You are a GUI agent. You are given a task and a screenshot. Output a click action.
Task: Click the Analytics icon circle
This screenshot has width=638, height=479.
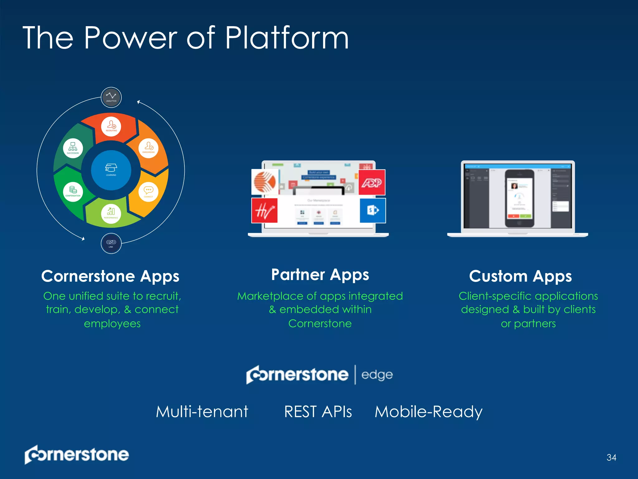[111, 97]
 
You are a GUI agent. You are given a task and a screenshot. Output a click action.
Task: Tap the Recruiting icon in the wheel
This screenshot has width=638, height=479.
[111, 126]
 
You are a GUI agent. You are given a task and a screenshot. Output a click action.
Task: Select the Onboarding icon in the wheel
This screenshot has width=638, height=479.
[148, 148]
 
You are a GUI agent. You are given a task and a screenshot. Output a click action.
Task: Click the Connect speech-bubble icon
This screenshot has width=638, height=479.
[148, 191]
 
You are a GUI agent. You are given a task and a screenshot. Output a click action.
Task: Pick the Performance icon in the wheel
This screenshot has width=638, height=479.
[111, 213]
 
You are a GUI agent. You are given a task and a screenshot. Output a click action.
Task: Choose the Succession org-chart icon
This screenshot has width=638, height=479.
[73, 148]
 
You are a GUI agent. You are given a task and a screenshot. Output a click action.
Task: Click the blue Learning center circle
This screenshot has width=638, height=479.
[111, 170]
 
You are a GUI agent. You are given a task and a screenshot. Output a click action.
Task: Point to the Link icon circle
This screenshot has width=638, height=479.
[111, 243]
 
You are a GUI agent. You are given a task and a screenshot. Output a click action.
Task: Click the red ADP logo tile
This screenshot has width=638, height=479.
[372, 182]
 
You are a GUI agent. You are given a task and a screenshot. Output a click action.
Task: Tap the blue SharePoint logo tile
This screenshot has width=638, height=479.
[373, 210]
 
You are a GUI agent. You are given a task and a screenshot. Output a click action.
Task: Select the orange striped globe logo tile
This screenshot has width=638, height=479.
[265, 182]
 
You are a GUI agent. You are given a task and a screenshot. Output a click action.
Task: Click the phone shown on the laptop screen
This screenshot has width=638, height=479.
[519, 198]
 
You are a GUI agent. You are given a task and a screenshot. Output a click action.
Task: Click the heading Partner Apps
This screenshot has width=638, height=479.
[320, 275]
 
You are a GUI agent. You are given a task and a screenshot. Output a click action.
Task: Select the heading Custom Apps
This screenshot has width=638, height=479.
[520, 276]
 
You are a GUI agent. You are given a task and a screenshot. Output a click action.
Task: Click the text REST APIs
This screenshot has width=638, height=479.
[318, 412]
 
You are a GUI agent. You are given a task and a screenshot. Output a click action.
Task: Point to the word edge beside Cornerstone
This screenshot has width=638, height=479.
[377, 375]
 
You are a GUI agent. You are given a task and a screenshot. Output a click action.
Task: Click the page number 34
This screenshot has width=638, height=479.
[611, 457]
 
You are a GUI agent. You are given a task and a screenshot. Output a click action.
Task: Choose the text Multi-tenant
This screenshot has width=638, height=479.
[202, 412]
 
